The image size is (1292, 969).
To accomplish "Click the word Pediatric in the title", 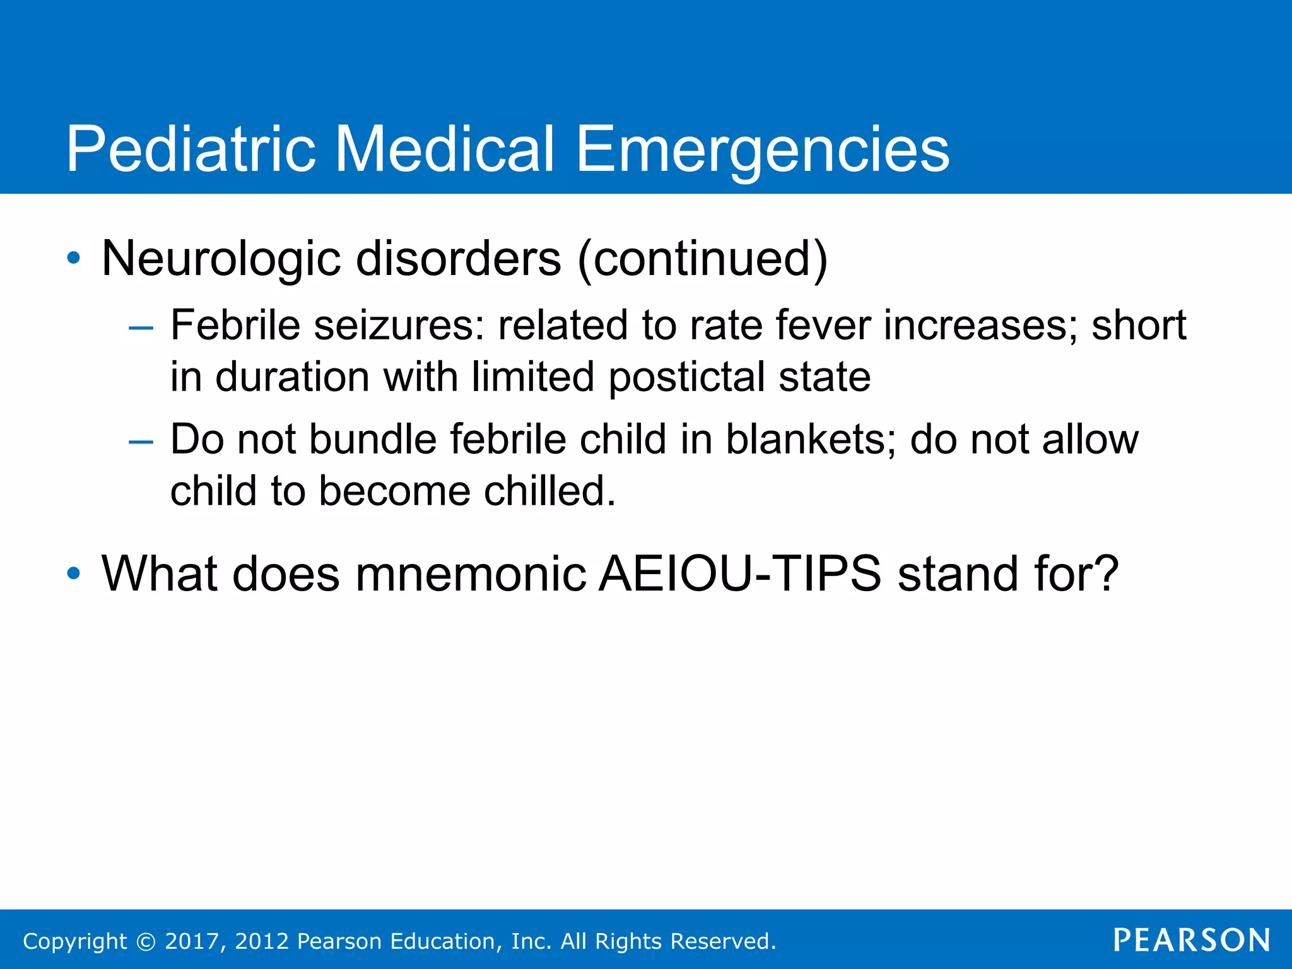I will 191,149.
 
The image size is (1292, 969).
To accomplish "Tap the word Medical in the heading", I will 444,149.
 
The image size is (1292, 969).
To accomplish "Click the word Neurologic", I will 221,259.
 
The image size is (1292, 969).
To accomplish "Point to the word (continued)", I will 702,259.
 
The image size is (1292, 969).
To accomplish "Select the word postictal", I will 686,377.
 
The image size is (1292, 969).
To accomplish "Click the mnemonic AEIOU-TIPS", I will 739,573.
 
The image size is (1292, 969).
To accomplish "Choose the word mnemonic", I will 471,573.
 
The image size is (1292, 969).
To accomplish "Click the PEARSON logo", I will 1192,940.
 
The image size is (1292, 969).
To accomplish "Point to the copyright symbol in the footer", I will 146,941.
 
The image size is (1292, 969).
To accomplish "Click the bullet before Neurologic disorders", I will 74,258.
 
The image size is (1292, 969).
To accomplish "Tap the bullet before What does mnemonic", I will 74,573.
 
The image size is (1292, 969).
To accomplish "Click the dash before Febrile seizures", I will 141,328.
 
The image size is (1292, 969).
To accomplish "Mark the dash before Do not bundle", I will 141,442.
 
